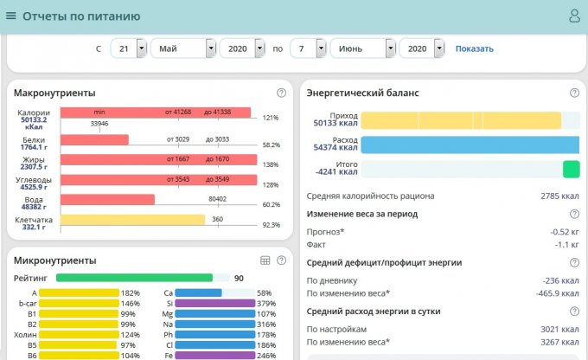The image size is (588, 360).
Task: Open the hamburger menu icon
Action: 11,16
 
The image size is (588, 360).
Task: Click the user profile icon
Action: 574,16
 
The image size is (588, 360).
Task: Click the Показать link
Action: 474,48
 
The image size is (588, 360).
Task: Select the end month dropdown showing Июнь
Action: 362,48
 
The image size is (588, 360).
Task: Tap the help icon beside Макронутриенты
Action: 281,93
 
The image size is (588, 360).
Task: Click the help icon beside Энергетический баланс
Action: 574,93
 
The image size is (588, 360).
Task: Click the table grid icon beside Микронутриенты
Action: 265,260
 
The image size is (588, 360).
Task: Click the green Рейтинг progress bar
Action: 134,278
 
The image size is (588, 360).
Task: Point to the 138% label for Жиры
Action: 271,164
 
